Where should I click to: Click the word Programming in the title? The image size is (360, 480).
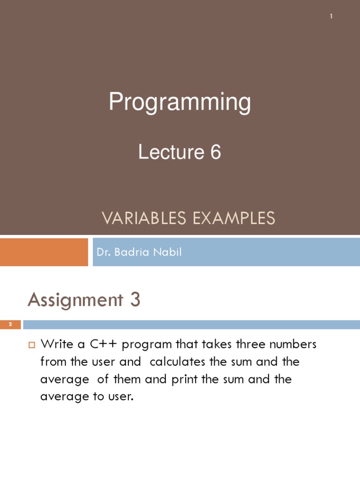click(x=180, y=103)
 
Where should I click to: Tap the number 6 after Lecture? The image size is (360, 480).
click(x=215, y=152)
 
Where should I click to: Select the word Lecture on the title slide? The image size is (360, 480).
click(x=168, y=152)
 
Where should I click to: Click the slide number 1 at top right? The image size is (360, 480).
click(x=331, y=17)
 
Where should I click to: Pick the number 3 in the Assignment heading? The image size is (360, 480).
click(x=135, y=300)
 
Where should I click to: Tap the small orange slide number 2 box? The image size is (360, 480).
click(x=10, y=325)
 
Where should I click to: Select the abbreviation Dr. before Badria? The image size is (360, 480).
click(x=103, y=252)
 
